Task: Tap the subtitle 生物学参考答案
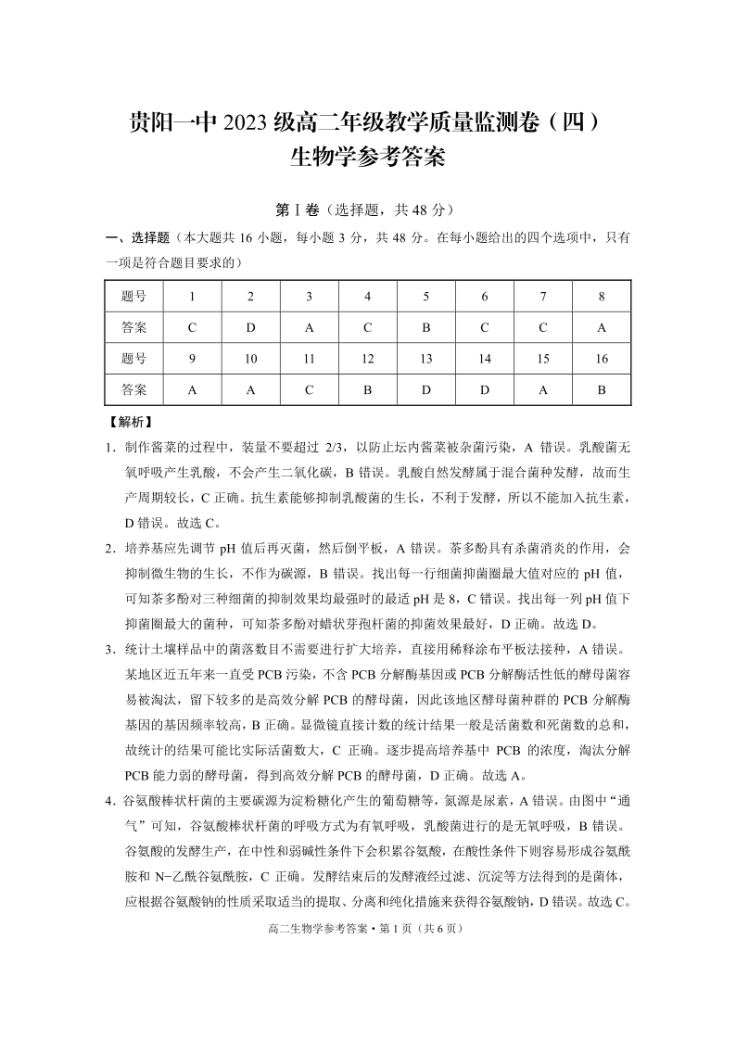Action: tap(368, 157)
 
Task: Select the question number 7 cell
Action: tap(543, 297)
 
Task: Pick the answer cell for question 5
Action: tap(426, 327)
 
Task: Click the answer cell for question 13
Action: tap(426, 390)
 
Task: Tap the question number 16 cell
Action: tap(602, 359)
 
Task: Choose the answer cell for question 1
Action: tap(192, 327)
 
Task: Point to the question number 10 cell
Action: tap(250, 359)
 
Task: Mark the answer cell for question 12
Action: tap(368, 390)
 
